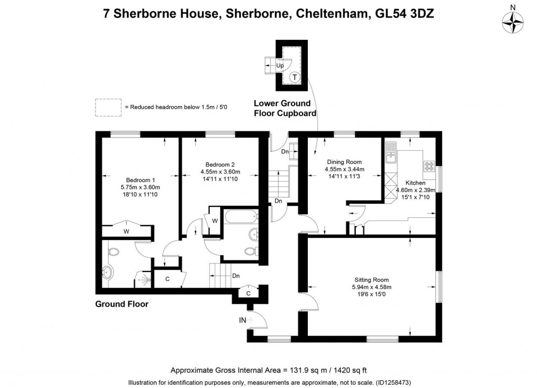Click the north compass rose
pos(513,21)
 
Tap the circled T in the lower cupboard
pos(295,77)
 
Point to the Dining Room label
pos(345,162)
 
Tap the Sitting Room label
pos(372,280)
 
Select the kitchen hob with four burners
pos(429,166)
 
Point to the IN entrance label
pos(243,320)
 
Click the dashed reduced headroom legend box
pos(108,107)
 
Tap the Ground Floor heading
pos(122,304)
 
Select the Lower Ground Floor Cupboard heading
pos(285,108)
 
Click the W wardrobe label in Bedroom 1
pos(126,231)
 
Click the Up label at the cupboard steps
pos(280,66)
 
